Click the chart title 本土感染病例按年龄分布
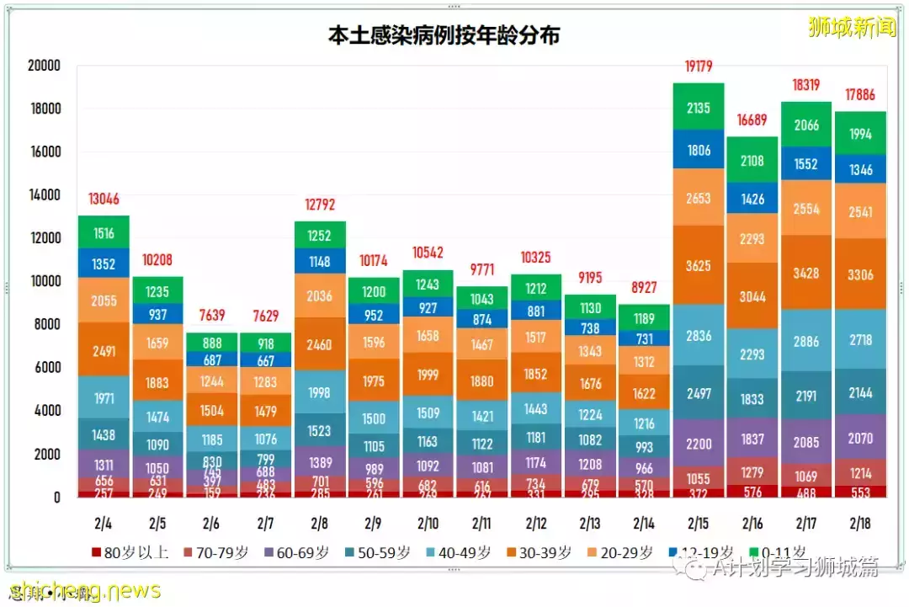(444, 36)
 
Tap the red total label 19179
(699, 67)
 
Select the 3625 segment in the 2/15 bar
(699, 266)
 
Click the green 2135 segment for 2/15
(699, 107)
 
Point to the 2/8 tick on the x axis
(320, 524)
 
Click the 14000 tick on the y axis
(43, 195)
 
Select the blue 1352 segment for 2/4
(104, 264)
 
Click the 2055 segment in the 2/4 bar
(104, 301)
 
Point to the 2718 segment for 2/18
(860, 341)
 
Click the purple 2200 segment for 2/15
(699, 444)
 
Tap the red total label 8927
(645, 287)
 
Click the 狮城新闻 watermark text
(852, 26)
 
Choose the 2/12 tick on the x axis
(536, 524)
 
